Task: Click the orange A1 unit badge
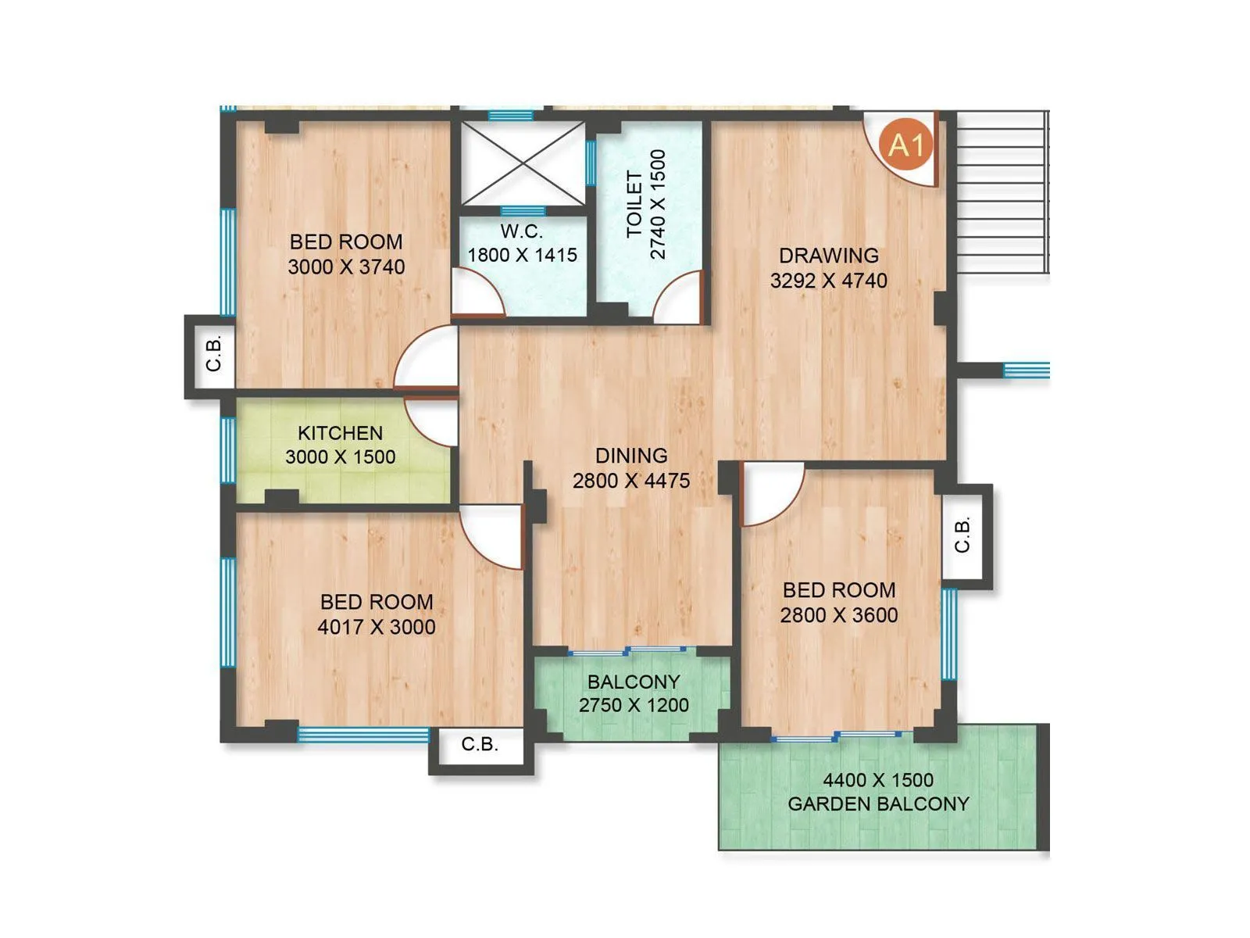click(x=906, y=145)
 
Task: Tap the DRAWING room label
click(x=828, y=256)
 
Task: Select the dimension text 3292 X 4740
click(x=828, y=281)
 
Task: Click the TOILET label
click(x=634, y=204)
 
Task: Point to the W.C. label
click(x=521, y=231)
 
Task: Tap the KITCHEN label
click(x=340, y=433)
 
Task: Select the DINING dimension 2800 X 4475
click(x=631, y=481)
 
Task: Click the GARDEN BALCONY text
click(x=878, y=804)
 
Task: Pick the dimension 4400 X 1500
click(x=878, y=780)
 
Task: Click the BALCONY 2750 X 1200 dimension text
click(x=634, y=705)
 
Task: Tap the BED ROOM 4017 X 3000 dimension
click(x=377, y=627)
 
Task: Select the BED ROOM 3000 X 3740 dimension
click(x=346, y=267)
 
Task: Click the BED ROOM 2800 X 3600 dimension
click(x=839, y=615)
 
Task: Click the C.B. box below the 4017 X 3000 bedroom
click(x=480, y=745)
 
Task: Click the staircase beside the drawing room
click(x=1002, y=192)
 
